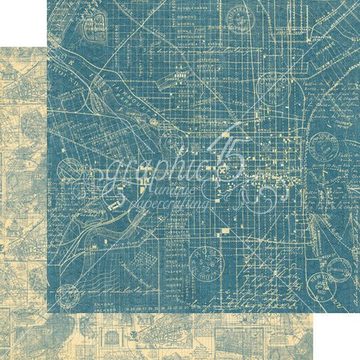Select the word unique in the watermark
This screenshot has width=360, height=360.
click(173, 192)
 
